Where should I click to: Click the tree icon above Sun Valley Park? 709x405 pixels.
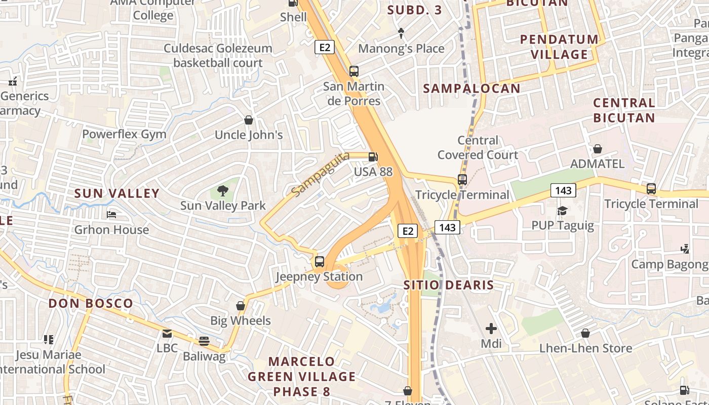222,190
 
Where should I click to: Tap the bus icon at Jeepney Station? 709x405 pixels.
319,262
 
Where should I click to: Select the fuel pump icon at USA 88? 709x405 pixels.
373,157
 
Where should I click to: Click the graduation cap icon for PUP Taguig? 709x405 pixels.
562,210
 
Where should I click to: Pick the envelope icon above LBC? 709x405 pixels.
167,334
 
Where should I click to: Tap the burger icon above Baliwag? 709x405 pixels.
204,341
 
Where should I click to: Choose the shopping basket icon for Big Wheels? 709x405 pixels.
241,306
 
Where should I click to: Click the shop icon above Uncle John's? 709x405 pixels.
249,120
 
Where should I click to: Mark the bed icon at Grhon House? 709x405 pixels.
111,215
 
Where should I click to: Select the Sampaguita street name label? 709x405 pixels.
321,175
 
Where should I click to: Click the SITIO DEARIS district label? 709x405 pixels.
449,285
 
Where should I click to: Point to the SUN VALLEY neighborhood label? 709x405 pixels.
117,193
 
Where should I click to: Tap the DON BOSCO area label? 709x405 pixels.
91,304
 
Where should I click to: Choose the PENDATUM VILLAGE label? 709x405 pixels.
559,47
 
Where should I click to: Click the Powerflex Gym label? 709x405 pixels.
124,135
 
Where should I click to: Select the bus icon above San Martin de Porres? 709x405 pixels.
354,71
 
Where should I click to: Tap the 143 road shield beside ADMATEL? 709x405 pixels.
563,190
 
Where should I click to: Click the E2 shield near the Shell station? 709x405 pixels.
325,47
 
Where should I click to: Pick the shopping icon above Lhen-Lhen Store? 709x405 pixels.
585,333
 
